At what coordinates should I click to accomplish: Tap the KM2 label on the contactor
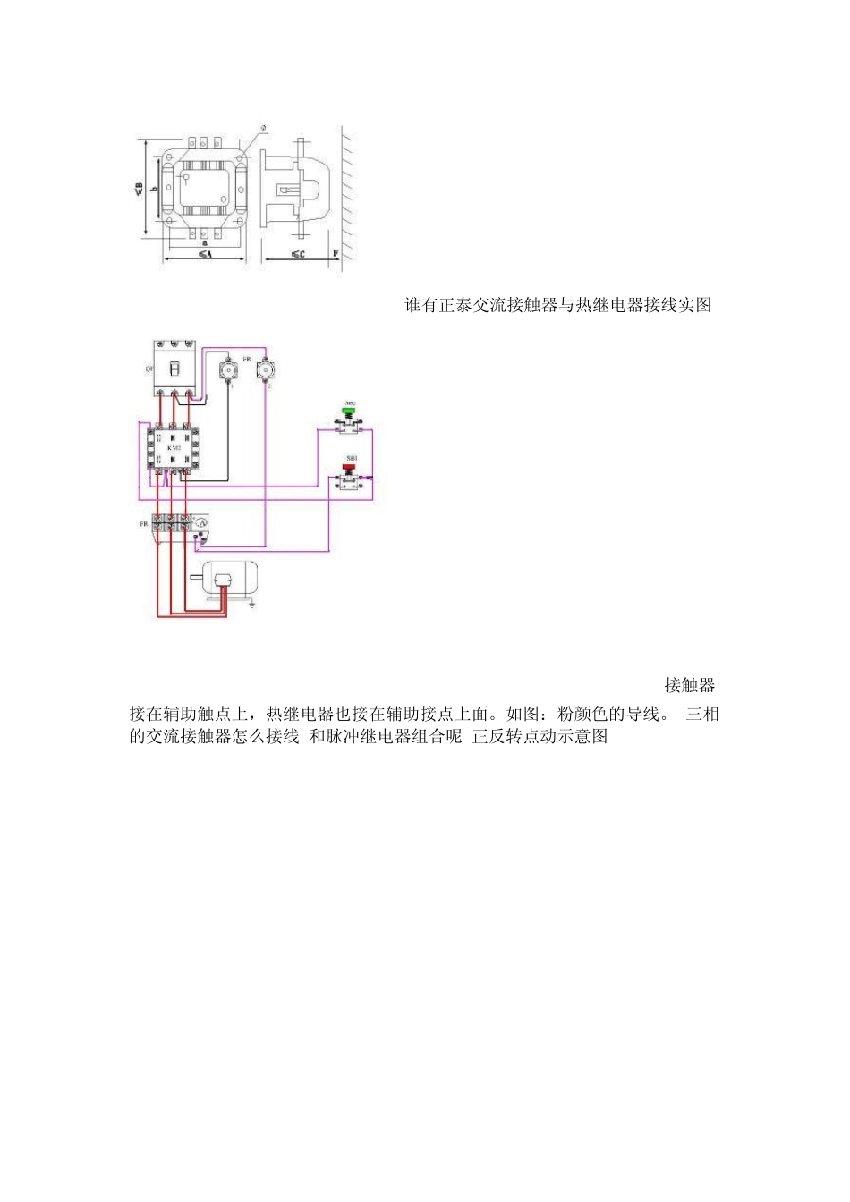174,446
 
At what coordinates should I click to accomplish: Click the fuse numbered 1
230,369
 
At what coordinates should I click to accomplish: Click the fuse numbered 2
265,369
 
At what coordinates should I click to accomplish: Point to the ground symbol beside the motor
252,605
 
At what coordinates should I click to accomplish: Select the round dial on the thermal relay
202,522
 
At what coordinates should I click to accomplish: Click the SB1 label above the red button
351,457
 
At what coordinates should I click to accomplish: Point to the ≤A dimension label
205,255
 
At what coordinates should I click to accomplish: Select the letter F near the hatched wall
335,253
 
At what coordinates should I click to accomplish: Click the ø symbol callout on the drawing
263,128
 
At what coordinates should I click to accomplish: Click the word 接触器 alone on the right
689,685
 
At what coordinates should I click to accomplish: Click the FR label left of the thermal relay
143,524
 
